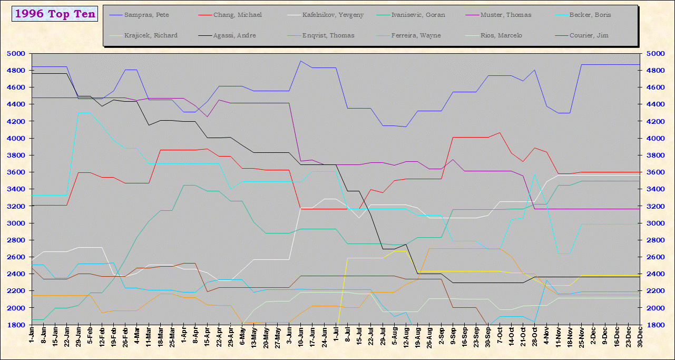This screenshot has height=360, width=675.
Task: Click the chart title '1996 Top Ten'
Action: pyautogui.click(x=55, y=14)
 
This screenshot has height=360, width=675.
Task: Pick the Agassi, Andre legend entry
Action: pyautogui.click(x=235, y=35)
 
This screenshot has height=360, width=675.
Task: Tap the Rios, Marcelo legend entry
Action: pyautogui.click(x=501, y=35)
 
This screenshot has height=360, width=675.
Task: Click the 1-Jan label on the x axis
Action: pyautogui.click(x=32, y=337)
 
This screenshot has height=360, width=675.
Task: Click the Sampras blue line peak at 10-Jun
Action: pyautogui.click(x=300, y=61)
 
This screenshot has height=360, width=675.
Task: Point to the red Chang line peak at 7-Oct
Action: pyautogui.click(x=500, y=133)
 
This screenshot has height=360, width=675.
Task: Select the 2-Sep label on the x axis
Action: pyautogui.click(x=441, y=337)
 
